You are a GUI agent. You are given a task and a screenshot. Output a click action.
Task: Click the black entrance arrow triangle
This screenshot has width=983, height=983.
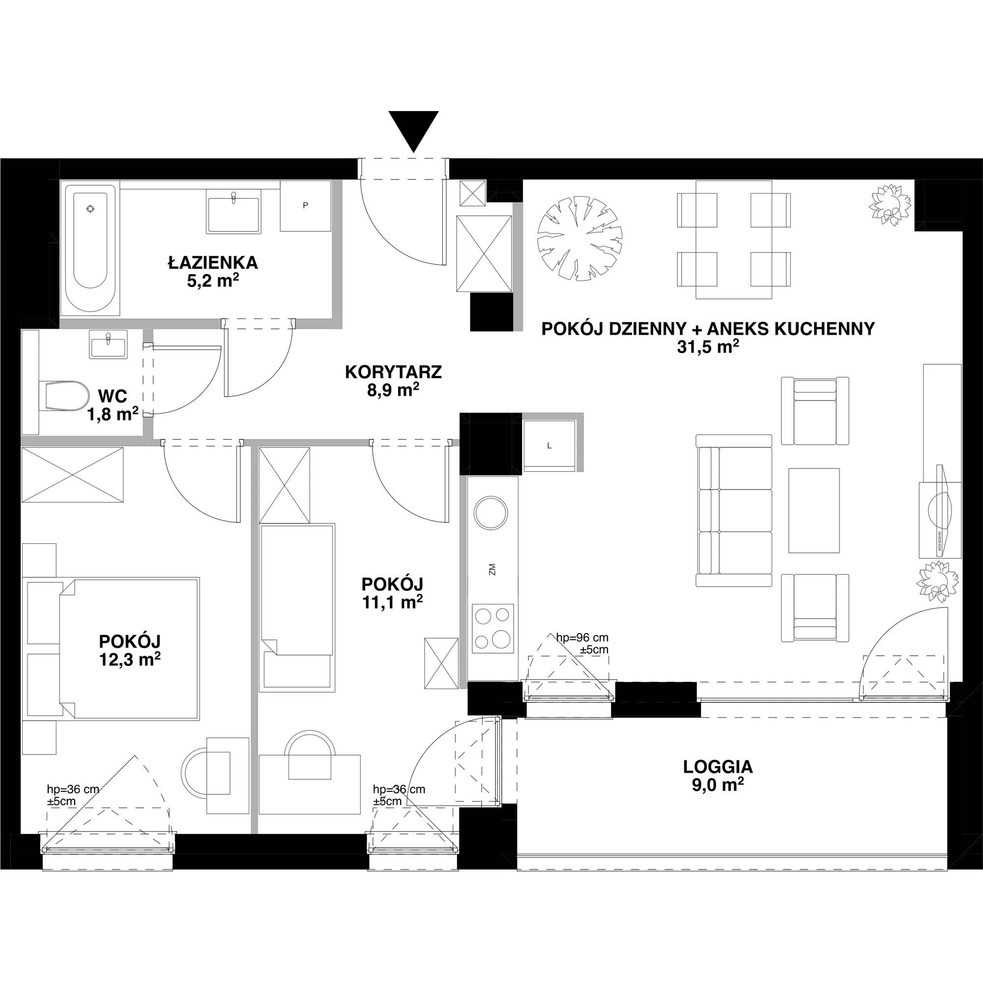coord(413,129)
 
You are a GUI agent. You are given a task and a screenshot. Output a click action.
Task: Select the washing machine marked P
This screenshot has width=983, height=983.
coord(305,205)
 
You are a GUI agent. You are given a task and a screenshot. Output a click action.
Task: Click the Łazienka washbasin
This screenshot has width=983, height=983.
coord(233,211)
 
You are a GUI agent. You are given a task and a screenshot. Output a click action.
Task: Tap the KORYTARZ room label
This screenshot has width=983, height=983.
coord(393,372)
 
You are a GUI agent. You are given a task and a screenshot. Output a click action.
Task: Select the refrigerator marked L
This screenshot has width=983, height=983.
coord(549,445)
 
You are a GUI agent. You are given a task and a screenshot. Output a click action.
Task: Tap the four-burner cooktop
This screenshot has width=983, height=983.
coord(492,628)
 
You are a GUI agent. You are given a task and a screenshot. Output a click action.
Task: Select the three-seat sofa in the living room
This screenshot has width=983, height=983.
coord(734,510)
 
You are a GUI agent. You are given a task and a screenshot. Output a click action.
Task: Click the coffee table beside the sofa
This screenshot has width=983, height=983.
coord(813,510)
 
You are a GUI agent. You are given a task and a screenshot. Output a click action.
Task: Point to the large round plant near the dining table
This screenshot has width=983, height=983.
coord(580,238)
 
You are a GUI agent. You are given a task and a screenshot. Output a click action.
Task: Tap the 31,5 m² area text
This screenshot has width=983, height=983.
coord(707,347)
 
